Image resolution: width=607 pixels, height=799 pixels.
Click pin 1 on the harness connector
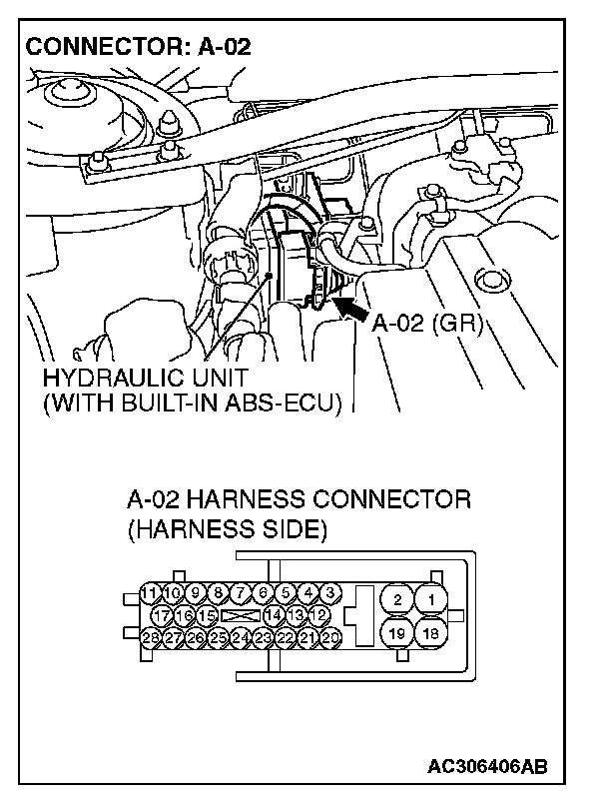click(x=432, y=599)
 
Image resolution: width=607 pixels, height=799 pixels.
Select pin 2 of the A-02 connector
click(x=397, y=599)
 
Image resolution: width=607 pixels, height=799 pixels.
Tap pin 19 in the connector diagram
click(x=397, y=632)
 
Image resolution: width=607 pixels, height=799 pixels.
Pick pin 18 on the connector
click(x=432, y=632)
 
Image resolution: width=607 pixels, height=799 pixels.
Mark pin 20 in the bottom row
click(x=331, y=636)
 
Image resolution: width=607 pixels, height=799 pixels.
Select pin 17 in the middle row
click(x=162, y=614)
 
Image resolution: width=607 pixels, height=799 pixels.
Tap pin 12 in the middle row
click(x=320, y=614)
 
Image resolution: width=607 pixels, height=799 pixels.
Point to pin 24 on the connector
click(x=241, y=636)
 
